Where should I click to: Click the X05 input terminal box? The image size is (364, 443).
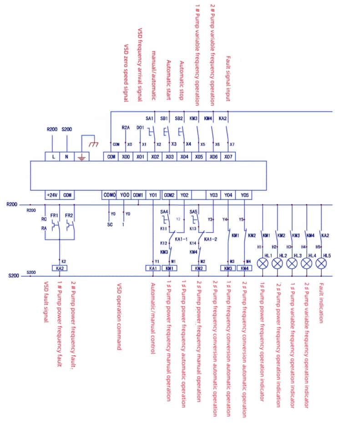(199, 156)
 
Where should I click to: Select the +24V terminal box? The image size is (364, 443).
(52, 195)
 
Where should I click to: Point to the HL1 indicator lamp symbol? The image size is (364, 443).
(263, 264)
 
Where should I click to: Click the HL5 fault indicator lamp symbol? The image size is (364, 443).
(322, 264)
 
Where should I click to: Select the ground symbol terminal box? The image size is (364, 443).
(82, 156)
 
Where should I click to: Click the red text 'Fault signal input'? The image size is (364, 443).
(228, 80)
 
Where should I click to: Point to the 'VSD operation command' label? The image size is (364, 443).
(120, 316)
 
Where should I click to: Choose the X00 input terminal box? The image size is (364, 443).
(126, 156)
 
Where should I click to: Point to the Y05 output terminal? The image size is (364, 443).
(245, 195)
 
